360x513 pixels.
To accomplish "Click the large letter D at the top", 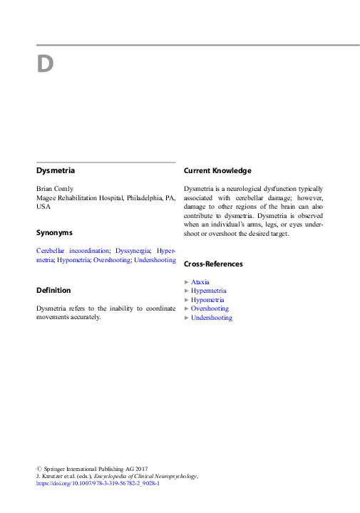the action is (x=45, y=65).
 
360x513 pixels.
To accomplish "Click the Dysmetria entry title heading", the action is (x=56, y=171).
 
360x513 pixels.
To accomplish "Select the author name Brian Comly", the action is (x=54, y=189).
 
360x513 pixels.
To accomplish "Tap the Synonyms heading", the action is (x=54, y=233).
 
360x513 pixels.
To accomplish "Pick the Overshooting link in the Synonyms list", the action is (x=112, y=260).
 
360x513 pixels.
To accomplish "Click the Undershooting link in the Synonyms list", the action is (x=155, y=260).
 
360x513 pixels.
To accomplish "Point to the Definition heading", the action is (x=53, y=291).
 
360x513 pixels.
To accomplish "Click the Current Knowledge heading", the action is (x=217, y=171).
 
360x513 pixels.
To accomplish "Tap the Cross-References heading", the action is (x=213, y=264).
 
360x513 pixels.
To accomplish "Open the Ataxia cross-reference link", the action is (x=200, y=282).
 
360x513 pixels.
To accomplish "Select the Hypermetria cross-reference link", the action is (x=209, y=291).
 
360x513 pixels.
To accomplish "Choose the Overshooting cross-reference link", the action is (x=210, y=309).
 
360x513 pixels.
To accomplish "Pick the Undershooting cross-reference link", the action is (x=212, y=318).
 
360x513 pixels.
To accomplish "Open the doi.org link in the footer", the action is (x=98, y=483).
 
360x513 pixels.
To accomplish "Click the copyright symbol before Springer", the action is (x=38, y=467).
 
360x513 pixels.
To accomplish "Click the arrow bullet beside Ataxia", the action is (x=187, y=282).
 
